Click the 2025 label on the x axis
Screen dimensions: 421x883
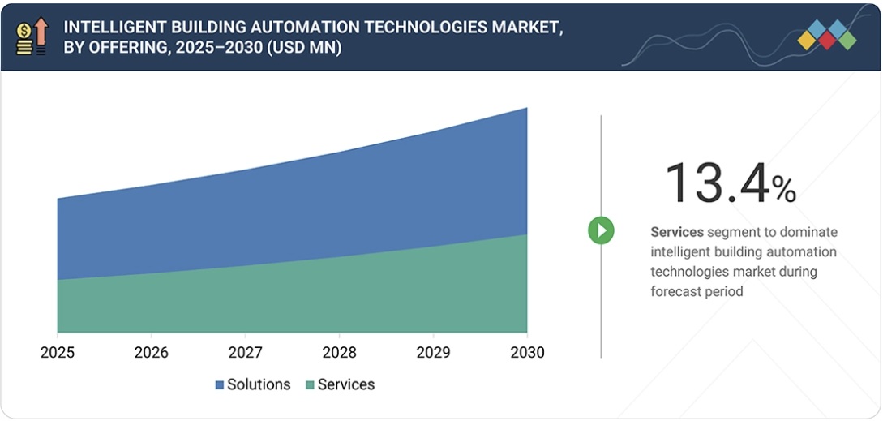tap(58, 353)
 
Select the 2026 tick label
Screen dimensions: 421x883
tap(151, 353)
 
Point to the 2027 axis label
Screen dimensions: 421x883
tap(245, 353)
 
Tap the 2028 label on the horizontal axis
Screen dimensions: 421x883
tap(339, 353)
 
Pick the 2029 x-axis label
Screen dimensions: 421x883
tap(433, 353)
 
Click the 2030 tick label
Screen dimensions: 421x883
tap(527, 353)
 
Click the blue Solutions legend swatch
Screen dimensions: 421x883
tap(219, 385)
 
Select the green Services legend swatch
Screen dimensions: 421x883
tap(309, 385)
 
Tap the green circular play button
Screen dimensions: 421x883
tap(601, 230)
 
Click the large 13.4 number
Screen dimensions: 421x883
tap(717, 183)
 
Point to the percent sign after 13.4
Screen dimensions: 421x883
tap(784, 191)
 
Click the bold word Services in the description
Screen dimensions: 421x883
tap(676, 232)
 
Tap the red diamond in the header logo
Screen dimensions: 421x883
tap(827, 40)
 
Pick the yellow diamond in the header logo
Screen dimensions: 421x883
tap(808, 40)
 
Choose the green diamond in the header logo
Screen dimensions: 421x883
tap(847, 40)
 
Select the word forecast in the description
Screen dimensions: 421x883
tap(676, 291)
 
